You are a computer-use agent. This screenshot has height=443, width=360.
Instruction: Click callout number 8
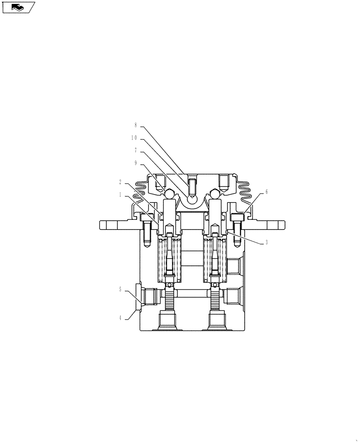click(x=136, y=125)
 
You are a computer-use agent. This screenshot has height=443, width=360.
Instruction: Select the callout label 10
click(x=134, y=138)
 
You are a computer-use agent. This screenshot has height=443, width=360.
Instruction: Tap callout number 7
click(x=136, y=150)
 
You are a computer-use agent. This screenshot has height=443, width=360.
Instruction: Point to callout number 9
click(x=136, y=163)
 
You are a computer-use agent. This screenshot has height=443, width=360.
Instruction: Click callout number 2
click(x=120, y=182)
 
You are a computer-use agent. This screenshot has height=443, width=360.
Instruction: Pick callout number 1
click(x=120, y=194)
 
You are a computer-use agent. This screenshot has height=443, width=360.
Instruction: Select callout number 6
click(x=266, y=192)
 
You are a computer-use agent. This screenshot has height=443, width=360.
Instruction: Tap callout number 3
click(x=266, y=242)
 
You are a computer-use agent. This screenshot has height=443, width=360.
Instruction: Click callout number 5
click(x=120, y=290)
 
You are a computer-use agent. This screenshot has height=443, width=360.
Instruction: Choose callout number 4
click(x=120, y=317)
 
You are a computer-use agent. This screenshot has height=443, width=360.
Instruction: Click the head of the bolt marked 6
click(x=237, y=217)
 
